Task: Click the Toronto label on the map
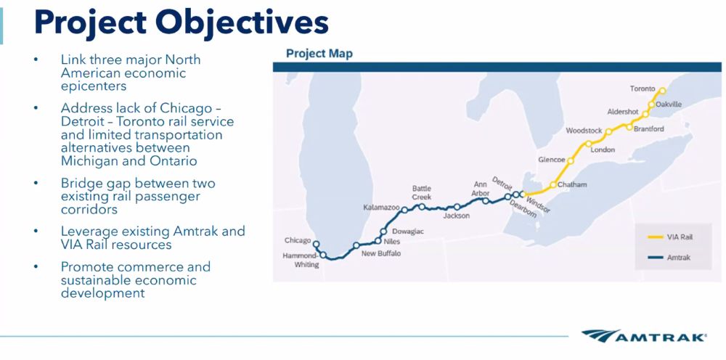[x=642, y=89]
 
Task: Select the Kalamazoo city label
[x=381, y=208]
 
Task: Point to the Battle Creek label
[x=422, y=192]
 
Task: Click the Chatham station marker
[x=553, y=185]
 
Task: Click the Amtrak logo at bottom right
[x=645, y=337]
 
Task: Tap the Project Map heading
[x=319, y=54]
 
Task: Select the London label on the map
[x=603, y=150]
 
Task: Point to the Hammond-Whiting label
[x=301, y=260]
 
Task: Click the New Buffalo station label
[x=380, y=253]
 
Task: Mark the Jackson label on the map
[x=456, y=216]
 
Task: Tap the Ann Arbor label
[x=480, y=189]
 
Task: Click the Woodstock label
[x=584, y=131]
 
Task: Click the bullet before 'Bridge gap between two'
[x=36, y=184]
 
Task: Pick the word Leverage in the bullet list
[x=89, y=232]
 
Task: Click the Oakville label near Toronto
[x=668, y=105]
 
